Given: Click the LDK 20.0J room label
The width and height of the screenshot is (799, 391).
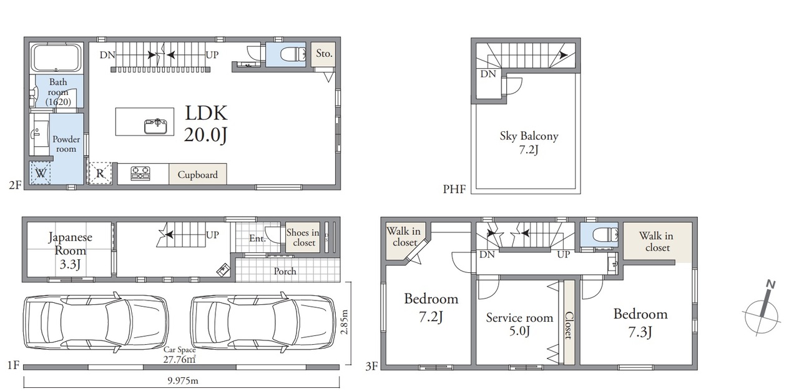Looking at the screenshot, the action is coord(206,124).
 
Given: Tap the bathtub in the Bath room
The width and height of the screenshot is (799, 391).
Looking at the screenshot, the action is coord(56,58).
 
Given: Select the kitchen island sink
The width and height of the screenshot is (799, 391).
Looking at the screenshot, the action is coord(155,126).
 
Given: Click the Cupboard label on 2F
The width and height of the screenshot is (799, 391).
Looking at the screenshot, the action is coord(198,175).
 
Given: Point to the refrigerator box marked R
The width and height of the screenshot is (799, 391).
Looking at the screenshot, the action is coord(100,174).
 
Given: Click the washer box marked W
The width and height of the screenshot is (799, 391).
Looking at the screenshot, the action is coord(41,173).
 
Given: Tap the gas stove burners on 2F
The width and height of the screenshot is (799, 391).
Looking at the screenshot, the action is coord(140,173).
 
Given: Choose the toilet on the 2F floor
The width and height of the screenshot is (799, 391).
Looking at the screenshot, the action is coord(293,54).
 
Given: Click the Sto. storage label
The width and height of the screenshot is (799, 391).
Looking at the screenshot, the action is coord(324,54).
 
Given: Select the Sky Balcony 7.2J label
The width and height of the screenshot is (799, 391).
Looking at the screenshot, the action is coord(529,142).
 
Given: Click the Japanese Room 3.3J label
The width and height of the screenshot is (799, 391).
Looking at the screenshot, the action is coord(70,250).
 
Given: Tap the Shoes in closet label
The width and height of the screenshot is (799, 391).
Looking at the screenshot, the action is coord(303,237).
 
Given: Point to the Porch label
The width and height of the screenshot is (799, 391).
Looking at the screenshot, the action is coord(285,272).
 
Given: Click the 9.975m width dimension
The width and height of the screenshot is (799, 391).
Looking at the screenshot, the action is coord(183,380).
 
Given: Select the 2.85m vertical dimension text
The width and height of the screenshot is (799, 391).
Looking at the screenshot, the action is coord(345,322).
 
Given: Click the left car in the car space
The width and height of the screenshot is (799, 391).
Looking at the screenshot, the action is coord(96,322).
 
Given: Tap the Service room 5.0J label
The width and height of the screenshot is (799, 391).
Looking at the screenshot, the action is coord(519,324).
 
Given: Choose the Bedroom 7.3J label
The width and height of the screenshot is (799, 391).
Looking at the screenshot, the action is coord(640,323).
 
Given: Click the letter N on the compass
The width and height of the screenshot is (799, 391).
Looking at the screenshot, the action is coord(771,284).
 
